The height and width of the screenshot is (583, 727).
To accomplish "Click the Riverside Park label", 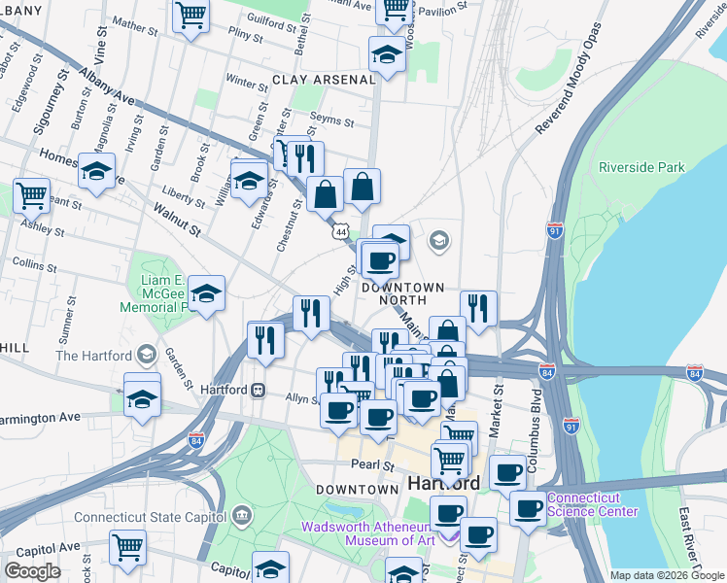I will pyautogui.click(x=641, y=167).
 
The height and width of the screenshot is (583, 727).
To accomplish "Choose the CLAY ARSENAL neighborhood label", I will pyautogui.click(x=323, y=79).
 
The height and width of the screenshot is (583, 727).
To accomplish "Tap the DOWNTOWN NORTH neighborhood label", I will pyautogui.click(x=402, y=294).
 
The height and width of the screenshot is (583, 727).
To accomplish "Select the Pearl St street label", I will pyautogui.click(x=373, y=465).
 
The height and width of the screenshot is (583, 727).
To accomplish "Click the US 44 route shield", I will pyautogui.click(x=339, y=233).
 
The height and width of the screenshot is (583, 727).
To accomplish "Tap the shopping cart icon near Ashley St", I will pyautogui.click(x=32, y=194).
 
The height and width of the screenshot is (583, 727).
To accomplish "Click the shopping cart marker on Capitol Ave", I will pyautogui.click(x=127, y=548).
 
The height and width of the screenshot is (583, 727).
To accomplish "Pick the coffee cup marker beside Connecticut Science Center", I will pyautogui.click(x=528, y=507).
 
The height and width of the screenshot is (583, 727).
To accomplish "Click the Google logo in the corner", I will pyautogui.click(x=32, y=571).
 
